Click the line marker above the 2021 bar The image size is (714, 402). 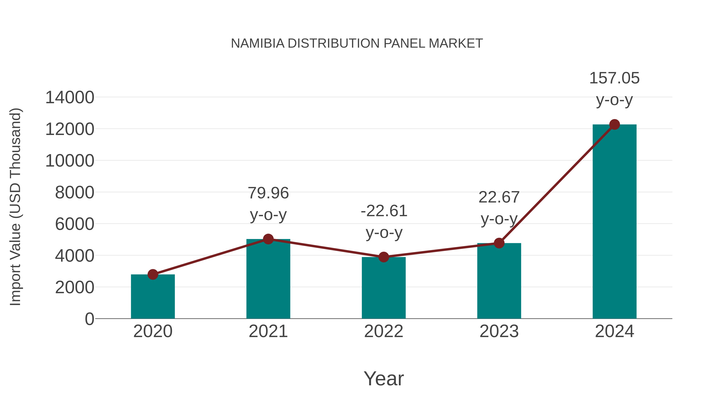point(268,239)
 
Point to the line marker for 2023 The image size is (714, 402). point(499,243)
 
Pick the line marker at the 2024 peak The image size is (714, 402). point(614,124)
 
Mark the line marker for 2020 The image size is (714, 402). point(153,274)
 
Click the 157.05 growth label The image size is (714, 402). point(614,78)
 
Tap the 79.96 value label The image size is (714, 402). point(268,193)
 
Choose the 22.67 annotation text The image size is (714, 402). point(499,198)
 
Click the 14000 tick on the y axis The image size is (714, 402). point(70,98)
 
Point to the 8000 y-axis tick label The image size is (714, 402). point(75,193)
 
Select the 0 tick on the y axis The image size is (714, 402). point(89,319)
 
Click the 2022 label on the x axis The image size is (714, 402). point(384,331)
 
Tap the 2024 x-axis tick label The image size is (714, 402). point(614,331)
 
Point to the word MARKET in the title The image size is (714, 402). point(456,43)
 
